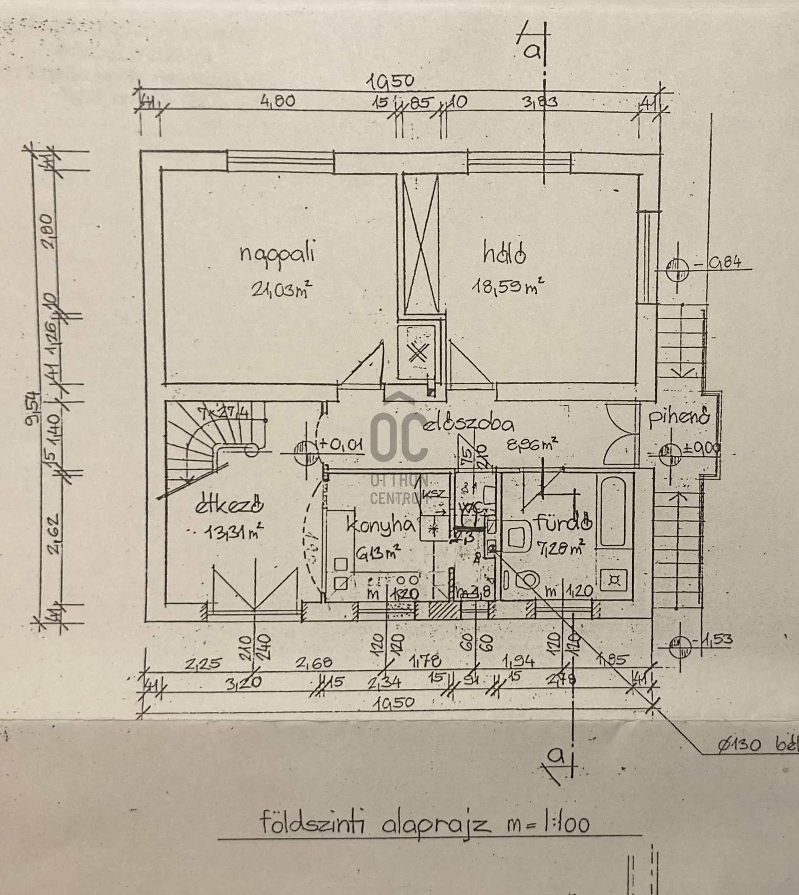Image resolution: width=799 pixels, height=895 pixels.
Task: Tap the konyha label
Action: (x=380, y=526)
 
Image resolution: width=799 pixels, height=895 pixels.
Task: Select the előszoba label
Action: (x=470, y=425)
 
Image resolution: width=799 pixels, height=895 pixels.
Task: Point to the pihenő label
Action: (x=679, y=416)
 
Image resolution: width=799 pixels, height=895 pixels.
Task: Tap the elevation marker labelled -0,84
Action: (x=676, y=269)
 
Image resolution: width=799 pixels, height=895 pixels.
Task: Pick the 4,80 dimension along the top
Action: (x=277, y=101)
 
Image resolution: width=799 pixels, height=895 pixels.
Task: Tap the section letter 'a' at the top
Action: (x=532, y=51)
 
